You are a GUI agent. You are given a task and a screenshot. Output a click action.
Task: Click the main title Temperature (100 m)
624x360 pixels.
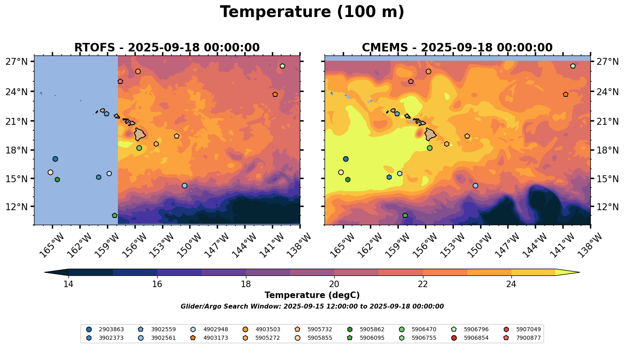click(x=312, y=12)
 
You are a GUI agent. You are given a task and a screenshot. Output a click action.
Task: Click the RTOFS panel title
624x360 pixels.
click(x=167, y=48)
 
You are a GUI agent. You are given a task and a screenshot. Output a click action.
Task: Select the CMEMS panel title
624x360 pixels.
click(x=457, y=48)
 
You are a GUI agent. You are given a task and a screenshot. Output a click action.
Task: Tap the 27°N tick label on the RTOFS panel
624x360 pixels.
click(x=17, y=62)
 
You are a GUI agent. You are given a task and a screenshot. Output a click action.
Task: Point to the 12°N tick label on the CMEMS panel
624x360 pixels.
click(x=607, y=207)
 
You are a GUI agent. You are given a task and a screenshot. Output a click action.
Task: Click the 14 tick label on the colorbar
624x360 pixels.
click(x=68, y=284)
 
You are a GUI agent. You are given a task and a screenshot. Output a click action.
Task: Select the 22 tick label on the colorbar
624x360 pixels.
click(x=423, y=284)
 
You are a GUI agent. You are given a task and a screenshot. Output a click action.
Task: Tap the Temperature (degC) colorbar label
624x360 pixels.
click(x=312, y=295)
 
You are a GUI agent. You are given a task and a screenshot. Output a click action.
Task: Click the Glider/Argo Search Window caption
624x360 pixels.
click(x=312, y=307)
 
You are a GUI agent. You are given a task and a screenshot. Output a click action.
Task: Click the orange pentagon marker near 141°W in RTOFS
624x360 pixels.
click(x=275, y=94)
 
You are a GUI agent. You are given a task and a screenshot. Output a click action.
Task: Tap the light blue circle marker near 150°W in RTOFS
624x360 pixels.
click(x=184, y=185)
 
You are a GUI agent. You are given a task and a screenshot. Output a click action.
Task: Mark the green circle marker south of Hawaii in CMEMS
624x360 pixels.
click(x=430, y=148)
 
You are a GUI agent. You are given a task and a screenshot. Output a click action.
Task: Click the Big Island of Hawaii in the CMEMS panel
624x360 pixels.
click(x=431, y=134)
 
